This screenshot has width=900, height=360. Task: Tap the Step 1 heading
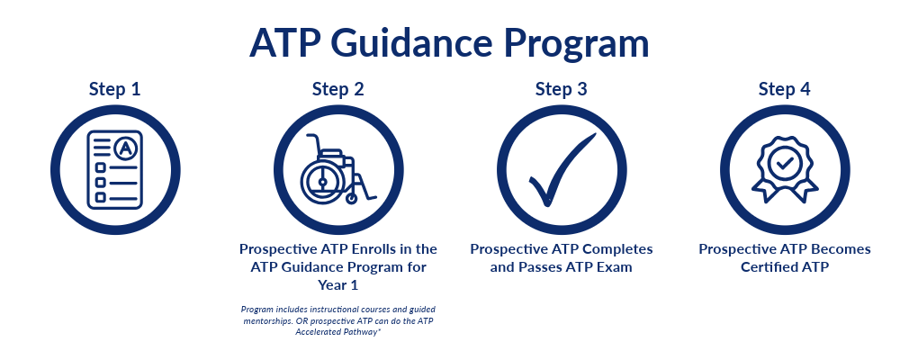(x=114, y=90)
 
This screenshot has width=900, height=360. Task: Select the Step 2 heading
(x=337, y=90)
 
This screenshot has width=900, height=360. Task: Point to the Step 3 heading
(x=561, y=90)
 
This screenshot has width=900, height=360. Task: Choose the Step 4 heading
(x=784, y=90)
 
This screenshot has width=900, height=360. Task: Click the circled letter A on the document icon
(x=123, y=148)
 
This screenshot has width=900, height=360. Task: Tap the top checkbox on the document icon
(x=100, y=167)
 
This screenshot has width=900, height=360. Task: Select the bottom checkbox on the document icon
(x=100, y=197)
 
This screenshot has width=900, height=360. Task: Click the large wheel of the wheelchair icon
(x=323, y=180)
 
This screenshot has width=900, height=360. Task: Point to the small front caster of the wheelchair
(x=351, y=198)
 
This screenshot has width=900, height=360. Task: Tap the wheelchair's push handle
(x=313, y=142)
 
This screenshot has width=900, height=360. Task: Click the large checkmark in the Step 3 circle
(x=562, y=170)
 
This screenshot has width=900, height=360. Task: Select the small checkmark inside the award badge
(x=784, y=165)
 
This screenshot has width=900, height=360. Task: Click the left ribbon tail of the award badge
(x=763, y=190)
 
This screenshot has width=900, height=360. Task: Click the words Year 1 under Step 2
(x=337, y=284)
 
